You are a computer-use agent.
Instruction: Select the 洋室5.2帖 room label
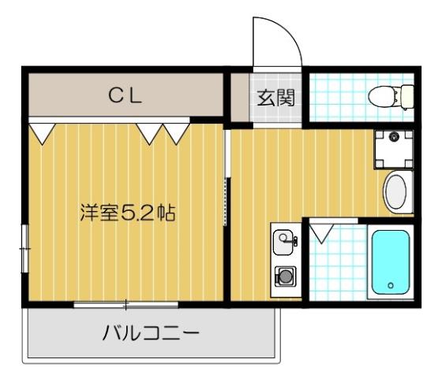point(127,213)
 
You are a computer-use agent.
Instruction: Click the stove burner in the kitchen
point(283,276)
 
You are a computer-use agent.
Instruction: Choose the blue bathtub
point(390,261)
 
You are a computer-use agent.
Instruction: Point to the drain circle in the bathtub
point(390,284)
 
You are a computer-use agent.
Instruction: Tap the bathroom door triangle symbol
point(321,232)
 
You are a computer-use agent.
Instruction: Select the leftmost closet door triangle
point(42,131)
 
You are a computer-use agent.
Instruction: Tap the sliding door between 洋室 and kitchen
point(227,201)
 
